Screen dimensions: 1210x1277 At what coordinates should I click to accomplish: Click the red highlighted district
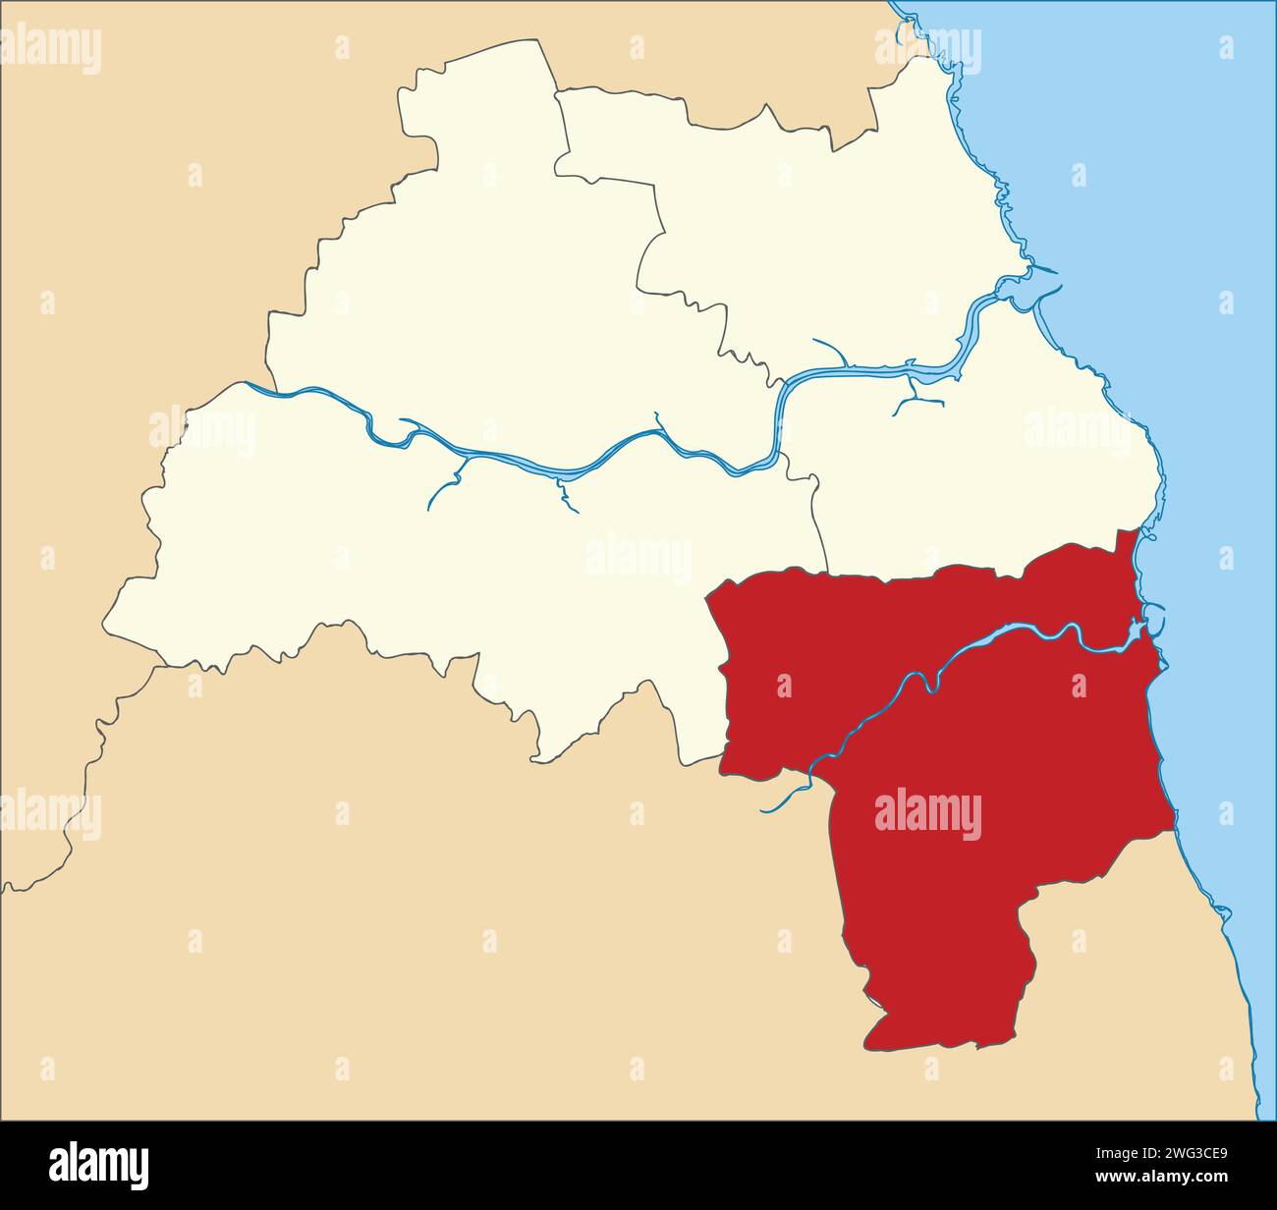click(x=943, y=746)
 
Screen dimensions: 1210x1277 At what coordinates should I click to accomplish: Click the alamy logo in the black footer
click(x=99, y=1165)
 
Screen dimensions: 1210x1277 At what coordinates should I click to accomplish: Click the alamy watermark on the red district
click(x=927, y=815)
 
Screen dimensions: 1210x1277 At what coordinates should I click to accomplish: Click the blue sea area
click(x=1179, y=295)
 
